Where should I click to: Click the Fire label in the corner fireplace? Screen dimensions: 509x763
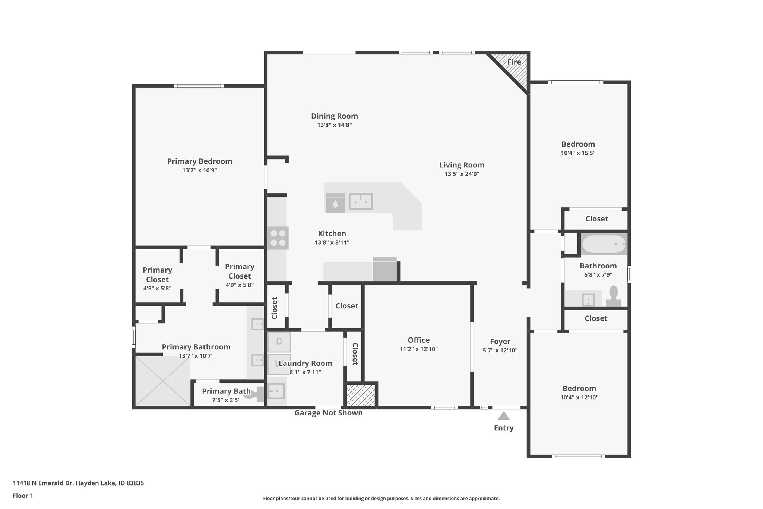click(514, 62)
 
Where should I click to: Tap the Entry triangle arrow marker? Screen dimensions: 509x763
click(504, 415)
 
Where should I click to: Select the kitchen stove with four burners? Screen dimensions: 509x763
click(278, 238)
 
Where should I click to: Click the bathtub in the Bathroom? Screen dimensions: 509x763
click(604, 244)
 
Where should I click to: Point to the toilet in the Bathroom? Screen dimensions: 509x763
click(613, 296)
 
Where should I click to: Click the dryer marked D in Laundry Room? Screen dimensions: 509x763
click(279, 341)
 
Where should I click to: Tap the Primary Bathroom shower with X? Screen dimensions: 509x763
click(163, 381)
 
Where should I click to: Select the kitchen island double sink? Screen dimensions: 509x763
click(361, 202)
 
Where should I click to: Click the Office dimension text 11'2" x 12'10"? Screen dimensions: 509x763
click(418, 349)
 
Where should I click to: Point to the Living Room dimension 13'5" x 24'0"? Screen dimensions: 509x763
click(462, 174)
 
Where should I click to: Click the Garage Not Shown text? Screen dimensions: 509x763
click(328, 413)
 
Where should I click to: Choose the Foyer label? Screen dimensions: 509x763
click(500, 342)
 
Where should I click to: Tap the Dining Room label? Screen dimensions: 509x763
click(335, 116)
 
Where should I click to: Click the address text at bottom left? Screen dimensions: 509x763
click(78, 483)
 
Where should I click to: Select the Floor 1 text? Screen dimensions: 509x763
click(23, 496)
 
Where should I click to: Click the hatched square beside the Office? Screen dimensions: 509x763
click(361, 395)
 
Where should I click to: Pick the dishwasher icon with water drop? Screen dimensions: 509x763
click(335, 203)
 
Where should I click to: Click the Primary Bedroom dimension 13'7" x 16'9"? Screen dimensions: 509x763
click(199, 170)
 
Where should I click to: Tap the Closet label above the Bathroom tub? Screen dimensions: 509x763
click(596, 219)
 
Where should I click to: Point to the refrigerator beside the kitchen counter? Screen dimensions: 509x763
click(385, 270)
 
